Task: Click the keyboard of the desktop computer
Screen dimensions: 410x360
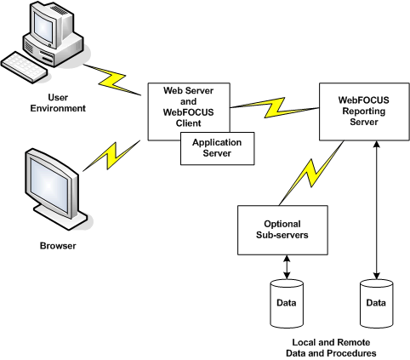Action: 24,67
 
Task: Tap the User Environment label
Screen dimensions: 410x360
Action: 58,103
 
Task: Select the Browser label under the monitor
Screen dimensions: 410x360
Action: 58,246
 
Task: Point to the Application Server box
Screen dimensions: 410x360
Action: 218,148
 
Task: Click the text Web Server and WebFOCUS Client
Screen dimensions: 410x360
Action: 188,107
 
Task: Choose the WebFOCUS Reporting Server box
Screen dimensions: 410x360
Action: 364,111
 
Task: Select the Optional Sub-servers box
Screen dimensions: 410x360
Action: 282,230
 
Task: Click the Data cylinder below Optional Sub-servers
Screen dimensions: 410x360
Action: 287,304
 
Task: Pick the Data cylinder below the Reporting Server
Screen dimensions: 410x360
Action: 376,304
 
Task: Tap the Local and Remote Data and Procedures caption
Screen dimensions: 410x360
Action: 331,348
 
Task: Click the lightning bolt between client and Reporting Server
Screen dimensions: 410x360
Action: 275,108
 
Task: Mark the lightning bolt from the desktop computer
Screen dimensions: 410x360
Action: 112,80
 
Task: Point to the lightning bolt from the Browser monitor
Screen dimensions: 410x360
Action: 111,156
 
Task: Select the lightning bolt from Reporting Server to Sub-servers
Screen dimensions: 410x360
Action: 311,173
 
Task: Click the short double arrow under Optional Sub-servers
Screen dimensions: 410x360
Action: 287,267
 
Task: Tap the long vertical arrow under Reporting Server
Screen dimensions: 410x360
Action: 376,210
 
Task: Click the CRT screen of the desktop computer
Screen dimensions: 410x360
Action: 43,28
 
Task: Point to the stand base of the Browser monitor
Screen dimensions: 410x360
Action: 61,218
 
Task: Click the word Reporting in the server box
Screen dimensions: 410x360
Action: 364,111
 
